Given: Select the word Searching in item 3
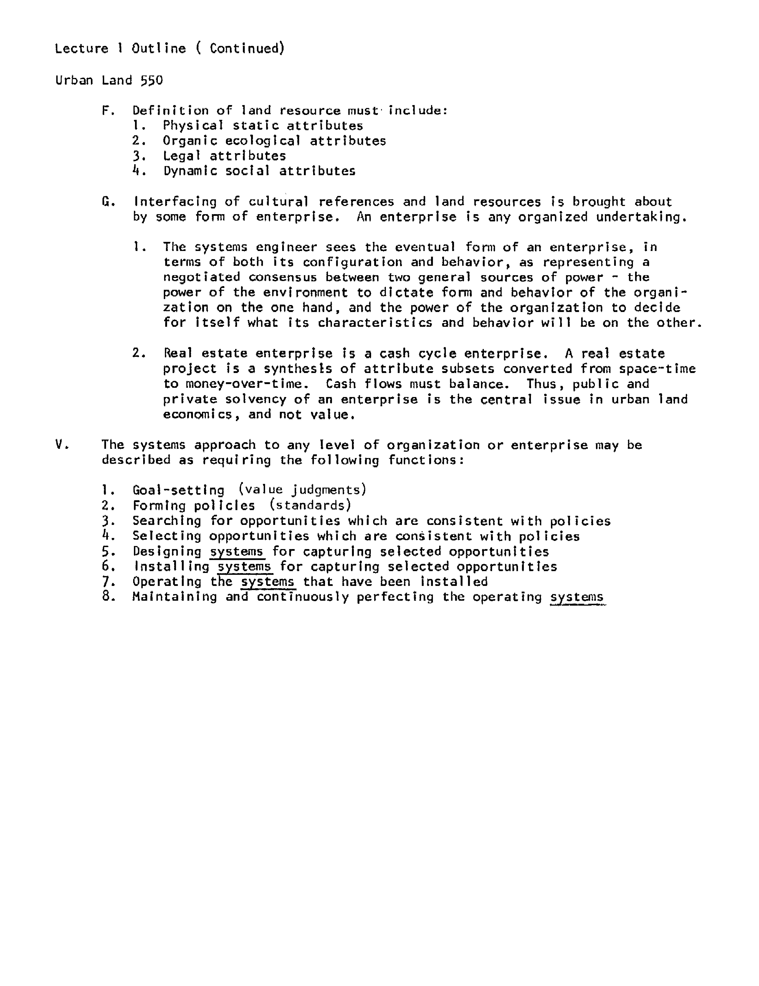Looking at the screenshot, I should (167, 521).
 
